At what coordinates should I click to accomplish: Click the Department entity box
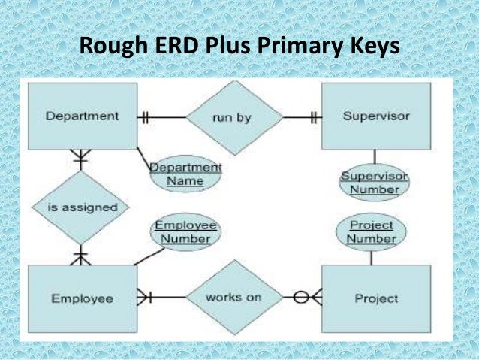click(x=83, y=116)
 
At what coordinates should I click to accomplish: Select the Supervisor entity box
click(x=375, y=116)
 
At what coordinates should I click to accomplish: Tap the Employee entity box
click(x=83, y=298)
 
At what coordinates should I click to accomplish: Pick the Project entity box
click(x=375, y=298)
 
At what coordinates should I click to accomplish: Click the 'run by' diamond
click(x=233, y=117)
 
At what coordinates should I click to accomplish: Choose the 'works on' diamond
click(x=233, y=297)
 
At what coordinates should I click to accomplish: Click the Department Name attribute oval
click(x=185, y=174)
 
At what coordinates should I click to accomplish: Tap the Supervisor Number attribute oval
click(x=374, y=183)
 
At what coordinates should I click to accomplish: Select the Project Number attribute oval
click(x=371, y=232)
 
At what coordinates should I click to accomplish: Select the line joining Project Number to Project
click(x=371, y=257)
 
